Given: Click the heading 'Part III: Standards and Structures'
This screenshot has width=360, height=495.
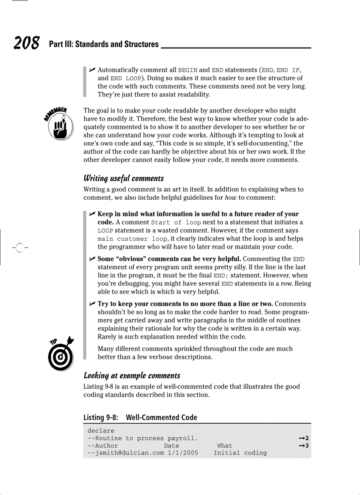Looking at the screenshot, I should (x=104, y=44).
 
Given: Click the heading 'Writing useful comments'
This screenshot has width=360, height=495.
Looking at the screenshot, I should (x=124, y=178).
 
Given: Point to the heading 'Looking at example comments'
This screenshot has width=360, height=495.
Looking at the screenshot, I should (x=132, y=376).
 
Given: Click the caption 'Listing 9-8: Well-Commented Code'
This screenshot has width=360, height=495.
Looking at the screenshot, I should (x=140, y=417).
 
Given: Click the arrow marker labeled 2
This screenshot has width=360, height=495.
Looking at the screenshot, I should (x=304, y=438).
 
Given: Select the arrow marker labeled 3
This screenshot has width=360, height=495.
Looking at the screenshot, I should (x=304, y=446).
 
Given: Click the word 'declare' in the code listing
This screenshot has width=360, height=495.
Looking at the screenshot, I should (x=101, y=431).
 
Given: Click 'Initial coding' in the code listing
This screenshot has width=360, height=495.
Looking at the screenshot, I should (x=240, y=453).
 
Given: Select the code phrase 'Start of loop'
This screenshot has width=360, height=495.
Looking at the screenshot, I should (x=176, y=222).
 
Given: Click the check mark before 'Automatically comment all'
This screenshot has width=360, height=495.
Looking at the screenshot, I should (x=92, y=70).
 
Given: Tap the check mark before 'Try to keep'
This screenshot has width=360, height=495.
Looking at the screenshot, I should (x=92, y=304).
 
